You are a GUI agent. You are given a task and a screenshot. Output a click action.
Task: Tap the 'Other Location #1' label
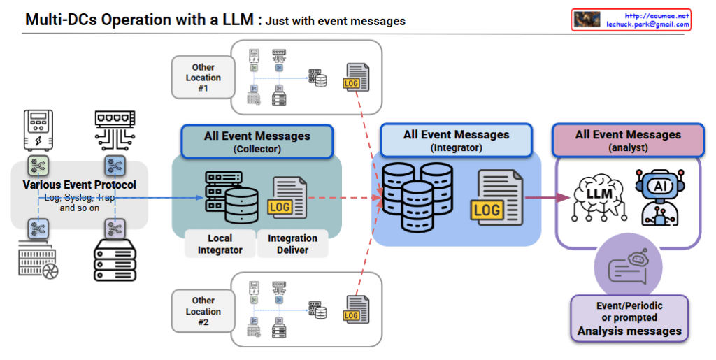pyautogui.click(x=203, y=78)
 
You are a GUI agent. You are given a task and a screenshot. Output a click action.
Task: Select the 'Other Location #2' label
pyautogui.click(x=203, y=312)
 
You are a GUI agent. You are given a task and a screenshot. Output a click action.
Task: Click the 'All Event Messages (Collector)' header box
pyautogui.click(x=257, y=141)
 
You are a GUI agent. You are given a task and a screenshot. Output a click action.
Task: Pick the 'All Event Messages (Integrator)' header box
pyautogui.click(x=456, y=140)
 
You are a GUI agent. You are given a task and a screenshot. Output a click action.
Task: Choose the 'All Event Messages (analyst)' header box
pyautogui.click(x=627, y=140)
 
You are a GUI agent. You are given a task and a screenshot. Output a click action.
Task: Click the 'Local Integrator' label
pyautogui.click(x=220, y=244)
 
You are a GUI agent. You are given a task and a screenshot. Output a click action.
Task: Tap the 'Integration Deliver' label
pyautogui.click(x=292, y=244)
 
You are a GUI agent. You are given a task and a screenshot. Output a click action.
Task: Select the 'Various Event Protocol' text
pyautogui.click(x=79, y=185)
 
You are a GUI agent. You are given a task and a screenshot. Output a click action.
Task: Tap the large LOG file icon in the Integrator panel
pyautogui.click(x=494, y=198)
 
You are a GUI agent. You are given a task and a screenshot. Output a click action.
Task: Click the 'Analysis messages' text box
pyautogui.click(x=629, y=319)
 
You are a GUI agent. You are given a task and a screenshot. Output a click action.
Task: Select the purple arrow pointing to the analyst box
pyautogui.click(x=546, y=198)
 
